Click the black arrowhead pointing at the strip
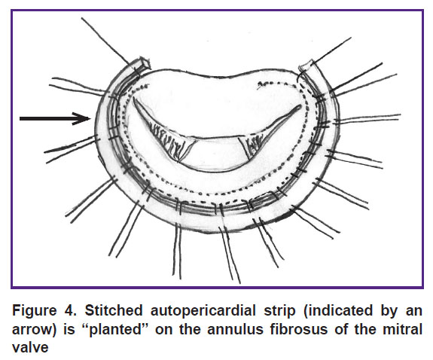[x=83, y=118]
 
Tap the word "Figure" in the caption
[x=35, y=310]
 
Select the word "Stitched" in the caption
[x=114, y=310]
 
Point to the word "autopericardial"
[x=203, y=310]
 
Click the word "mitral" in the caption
[x=402, y=329]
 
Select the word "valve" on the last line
[x=30, y=347]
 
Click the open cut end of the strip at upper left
[x=144, y=63]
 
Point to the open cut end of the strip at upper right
[x=306, y=66]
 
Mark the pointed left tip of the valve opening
[x=133, y=98]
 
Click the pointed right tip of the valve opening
[x=300, y=106]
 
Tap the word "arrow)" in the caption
[x=34, y=330]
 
